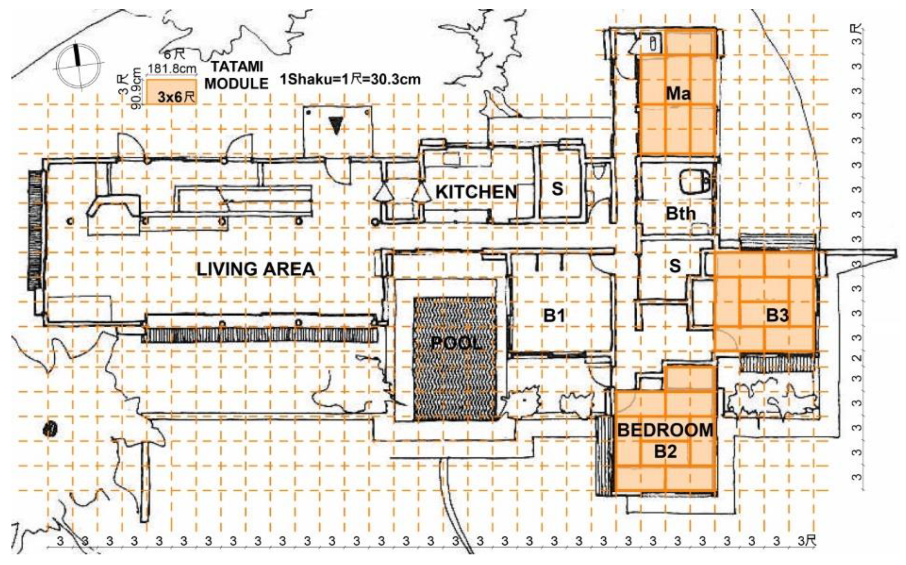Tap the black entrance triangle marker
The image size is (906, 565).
point(336,126)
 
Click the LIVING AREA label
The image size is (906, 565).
point(256,269)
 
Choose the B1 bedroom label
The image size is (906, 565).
point(553,316)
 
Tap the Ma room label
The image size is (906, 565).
point(678,94)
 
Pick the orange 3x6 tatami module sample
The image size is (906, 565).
point(171,91)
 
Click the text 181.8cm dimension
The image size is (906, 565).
point(172,69)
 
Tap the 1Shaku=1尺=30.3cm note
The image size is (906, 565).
point(350,79)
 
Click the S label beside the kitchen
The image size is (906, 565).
point(557,189)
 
